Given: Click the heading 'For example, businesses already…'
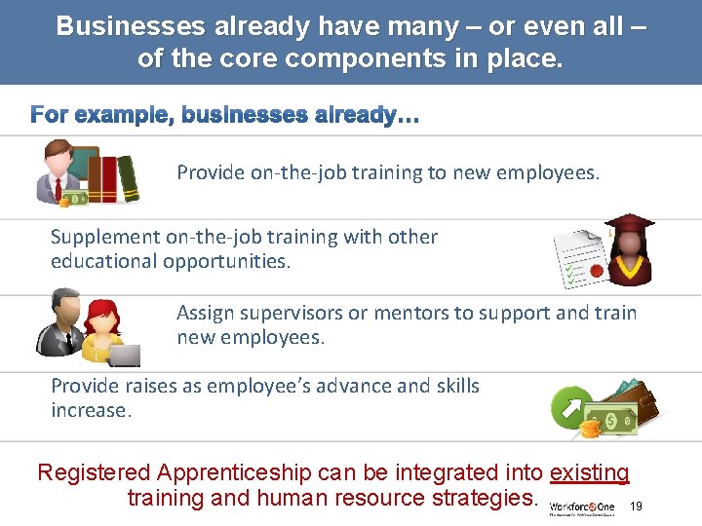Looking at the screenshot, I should tap(225, 116).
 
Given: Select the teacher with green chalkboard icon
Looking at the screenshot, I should tap(62, 169).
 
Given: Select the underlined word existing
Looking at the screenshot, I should tap(590, 473).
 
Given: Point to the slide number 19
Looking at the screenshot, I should tap(637, 507).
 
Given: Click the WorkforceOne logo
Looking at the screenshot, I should tap(582, 507).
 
